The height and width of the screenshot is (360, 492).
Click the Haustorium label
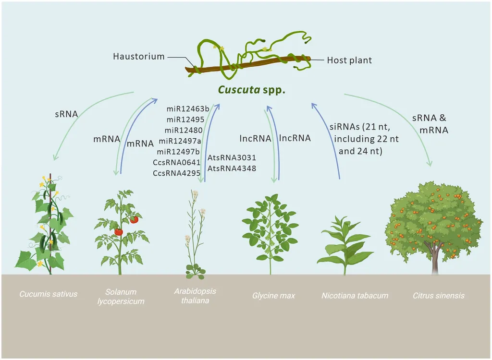click(138, 57)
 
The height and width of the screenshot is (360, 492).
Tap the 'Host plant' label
click(349, 60)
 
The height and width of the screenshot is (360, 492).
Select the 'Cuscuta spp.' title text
click(252, 90)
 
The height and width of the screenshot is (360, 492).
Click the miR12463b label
click(188, 110)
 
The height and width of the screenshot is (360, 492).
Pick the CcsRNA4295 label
click(176, 173)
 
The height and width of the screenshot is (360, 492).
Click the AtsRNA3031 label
click(232, 157)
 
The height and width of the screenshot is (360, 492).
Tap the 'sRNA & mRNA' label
click(430, 124)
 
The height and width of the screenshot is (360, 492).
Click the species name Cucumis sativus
click(48, 294)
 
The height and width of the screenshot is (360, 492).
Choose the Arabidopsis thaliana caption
click(195, 296)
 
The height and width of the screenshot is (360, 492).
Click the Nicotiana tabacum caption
click(354, 295)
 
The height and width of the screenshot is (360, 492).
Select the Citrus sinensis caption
click(439, 295)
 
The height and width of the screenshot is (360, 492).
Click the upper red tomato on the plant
click(134, 219)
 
